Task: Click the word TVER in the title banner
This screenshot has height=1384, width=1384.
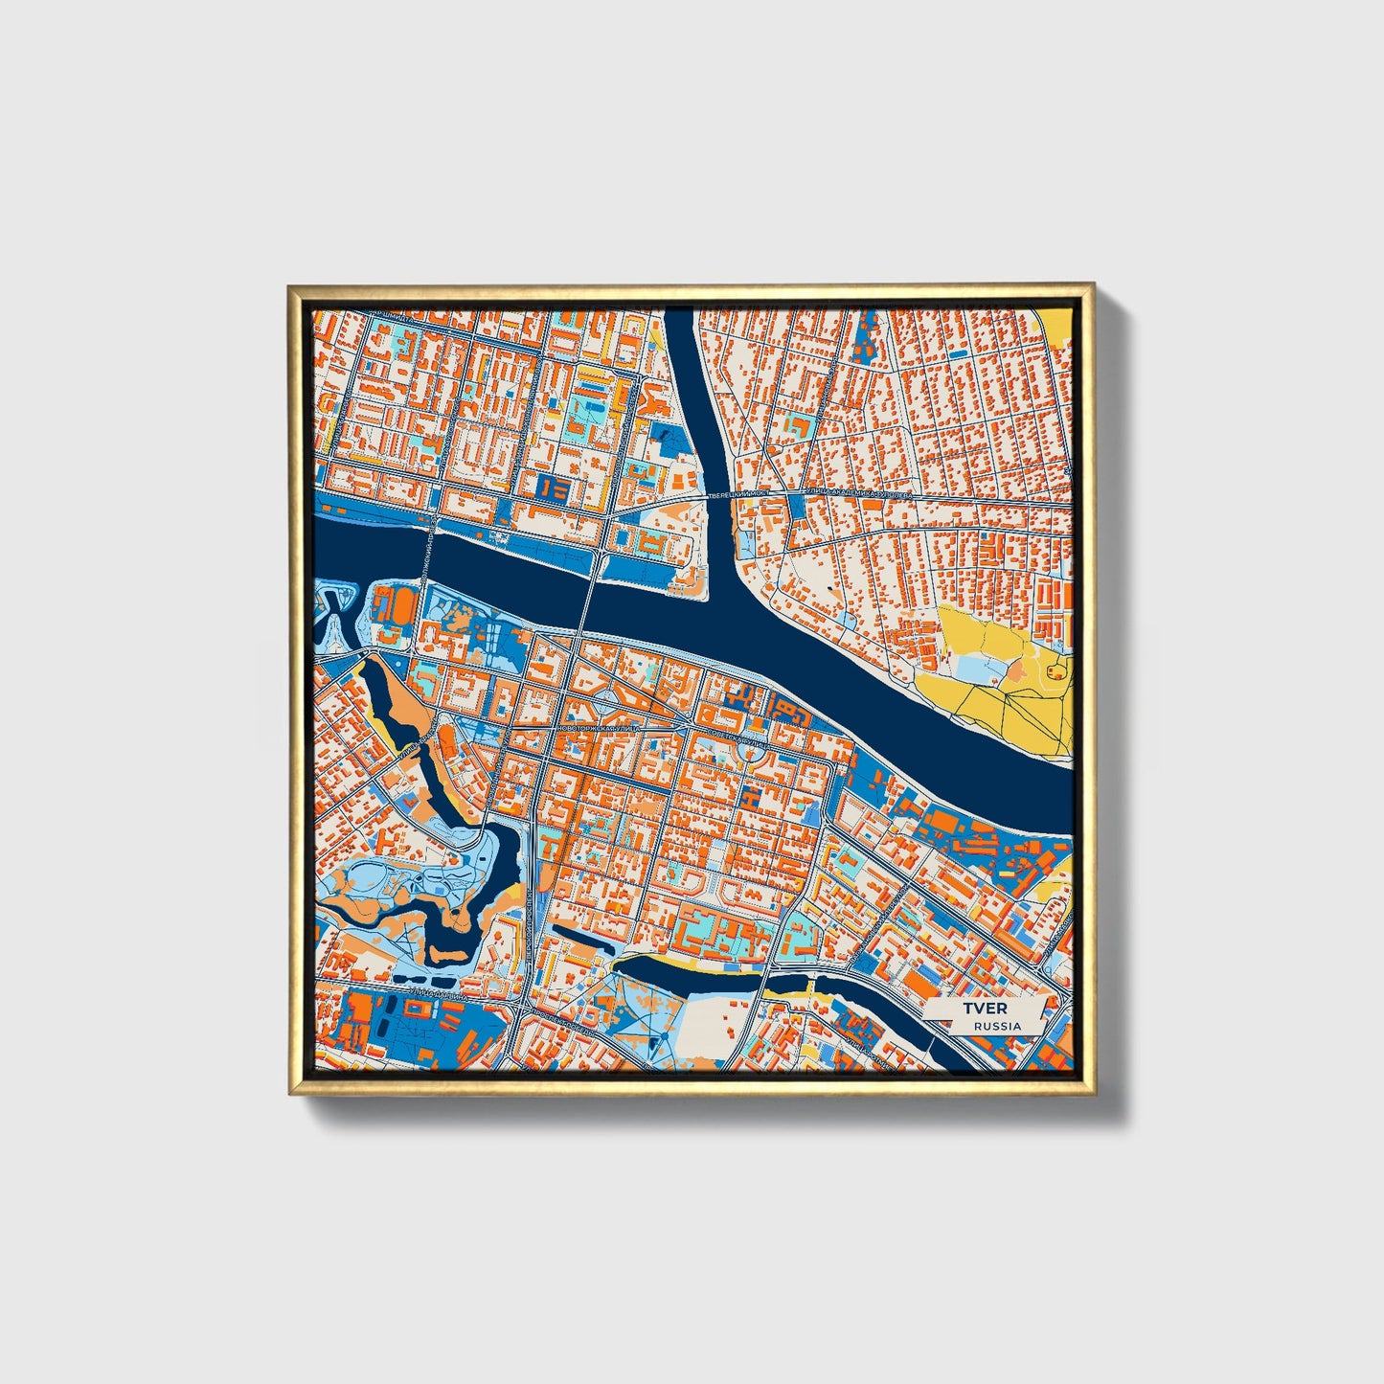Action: pos(979,1010)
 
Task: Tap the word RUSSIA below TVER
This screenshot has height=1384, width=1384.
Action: pos(996,1026)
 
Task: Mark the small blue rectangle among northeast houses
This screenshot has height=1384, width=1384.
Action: pos(957,354)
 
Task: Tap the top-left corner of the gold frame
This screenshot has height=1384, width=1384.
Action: pos(290,286)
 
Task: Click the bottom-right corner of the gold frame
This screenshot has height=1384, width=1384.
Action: pos(1094,1094)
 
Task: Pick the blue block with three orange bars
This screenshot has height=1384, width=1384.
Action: pos(554,488)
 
